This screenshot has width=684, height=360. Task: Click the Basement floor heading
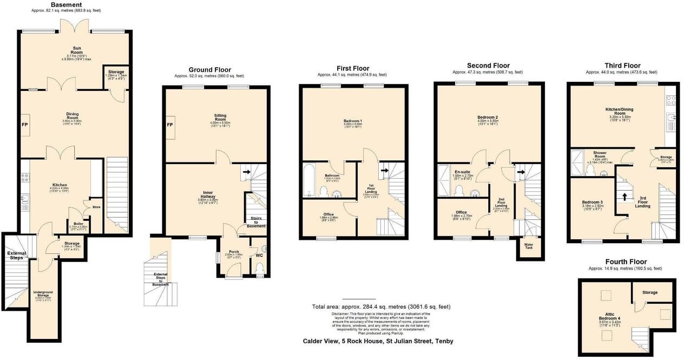click(x=66, y=4)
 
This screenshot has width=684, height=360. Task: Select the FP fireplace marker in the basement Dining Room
click(x=24, y=124)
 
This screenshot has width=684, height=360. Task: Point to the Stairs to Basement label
click(x=258, y=222)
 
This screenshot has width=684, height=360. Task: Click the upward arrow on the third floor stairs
click(x=625, y=197)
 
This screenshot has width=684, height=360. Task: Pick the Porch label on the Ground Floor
click(x=234, y=251)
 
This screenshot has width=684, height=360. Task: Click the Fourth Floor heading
click(x=625, y=262)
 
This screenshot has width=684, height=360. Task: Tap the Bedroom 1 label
click(x=352, y=120)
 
